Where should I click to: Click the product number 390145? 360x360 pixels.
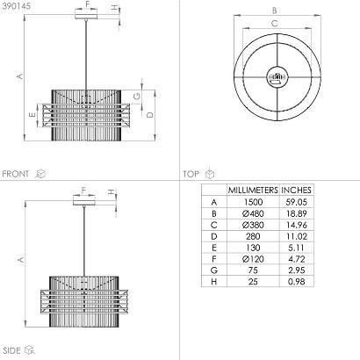tap(16, 6)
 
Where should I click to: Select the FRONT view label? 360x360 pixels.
tap(16, 174)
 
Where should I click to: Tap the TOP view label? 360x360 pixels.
tap(191, 174)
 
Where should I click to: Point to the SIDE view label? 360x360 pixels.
tap(12, 350)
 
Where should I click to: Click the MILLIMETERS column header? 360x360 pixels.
tap(253, 191)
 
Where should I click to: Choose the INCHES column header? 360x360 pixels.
tap(296, 191)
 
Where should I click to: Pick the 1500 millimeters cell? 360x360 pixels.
tap(253, 202)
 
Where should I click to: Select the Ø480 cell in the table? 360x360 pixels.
tap(253, 213)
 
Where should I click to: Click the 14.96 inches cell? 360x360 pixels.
tap(296, 225)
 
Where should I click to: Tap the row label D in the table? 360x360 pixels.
tap(214, 236)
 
